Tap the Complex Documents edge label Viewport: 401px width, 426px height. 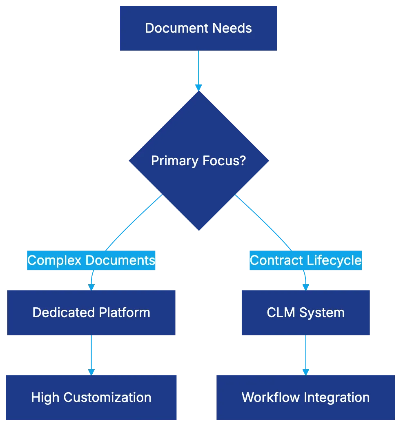click(x=91, y=260)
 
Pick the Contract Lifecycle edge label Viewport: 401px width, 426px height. click(x=305, y=260)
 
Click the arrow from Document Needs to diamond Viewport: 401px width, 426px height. click(x=198, y=69)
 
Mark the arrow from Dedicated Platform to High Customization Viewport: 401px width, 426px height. click(x=91, y=354)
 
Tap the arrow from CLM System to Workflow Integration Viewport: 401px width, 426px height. click(x=305, y=354)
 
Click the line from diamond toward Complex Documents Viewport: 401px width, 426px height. click(x=135, y=222)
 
